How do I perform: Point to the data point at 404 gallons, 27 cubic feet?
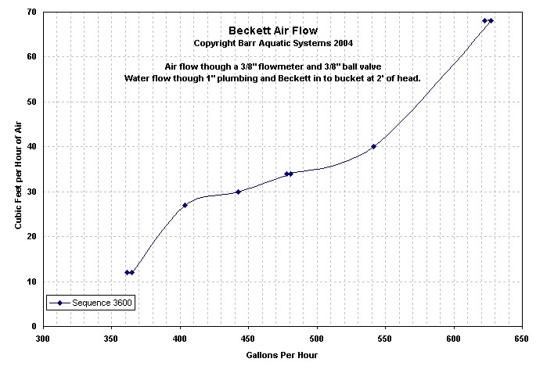pos(185,205)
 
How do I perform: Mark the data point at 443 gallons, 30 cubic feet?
pos(238,192)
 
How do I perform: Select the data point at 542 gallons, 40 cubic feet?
pos(373,146)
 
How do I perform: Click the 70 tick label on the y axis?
pos(31,13)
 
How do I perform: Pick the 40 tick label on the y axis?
pos(31,147)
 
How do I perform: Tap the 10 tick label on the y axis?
pos(31,282)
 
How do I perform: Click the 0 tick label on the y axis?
pos(34,327)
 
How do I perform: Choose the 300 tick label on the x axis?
pos(43,339)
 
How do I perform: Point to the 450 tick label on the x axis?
pos(248,339)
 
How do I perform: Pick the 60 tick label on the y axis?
pos(31,57)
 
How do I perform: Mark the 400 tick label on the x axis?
pos(180,339)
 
